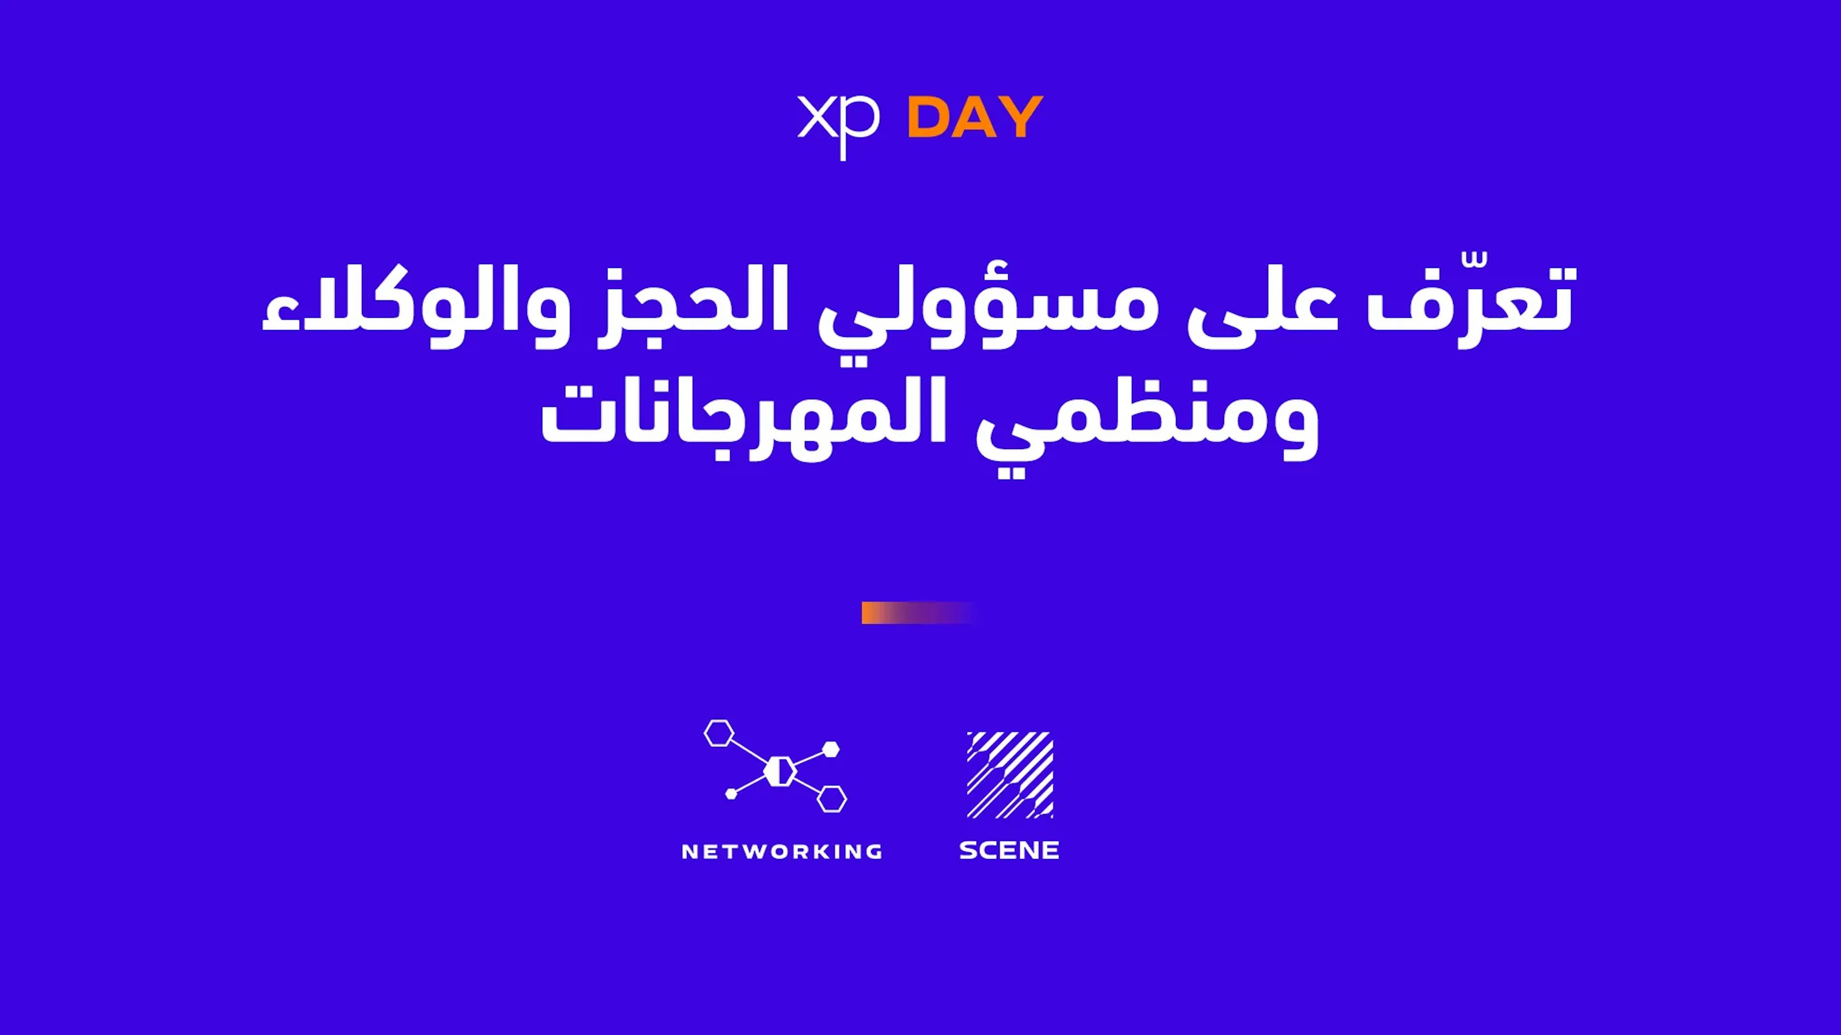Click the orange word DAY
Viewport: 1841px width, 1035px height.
point(975,116)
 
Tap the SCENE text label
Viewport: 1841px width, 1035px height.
point(1008,850)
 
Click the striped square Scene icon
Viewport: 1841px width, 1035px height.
point(1010,774)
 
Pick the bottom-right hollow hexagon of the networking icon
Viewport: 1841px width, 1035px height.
point(832,799)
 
